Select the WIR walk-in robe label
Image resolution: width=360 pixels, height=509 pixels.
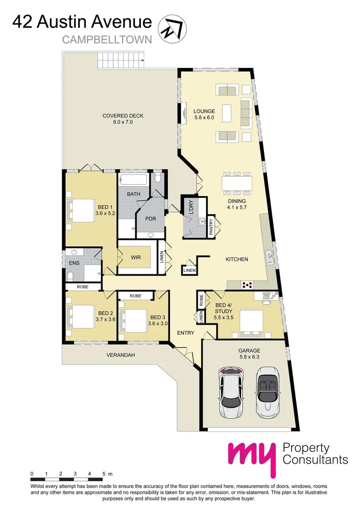coord(137,258)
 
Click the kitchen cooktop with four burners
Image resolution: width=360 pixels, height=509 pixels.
coord(247,285)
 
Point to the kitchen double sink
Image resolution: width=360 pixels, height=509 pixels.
coord(269,256)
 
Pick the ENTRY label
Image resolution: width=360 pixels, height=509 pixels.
coord(186,333)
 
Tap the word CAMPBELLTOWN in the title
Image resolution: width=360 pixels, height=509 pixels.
coord(107,40)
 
